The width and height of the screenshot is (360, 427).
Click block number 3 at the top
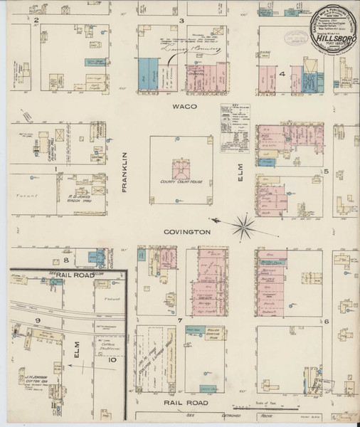click(x=182, y=21)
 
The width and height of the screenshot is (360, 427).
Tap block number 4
click(x=282, y=75)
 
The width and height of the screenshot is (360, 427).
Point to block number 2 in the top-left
click(x=36, y=21)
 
